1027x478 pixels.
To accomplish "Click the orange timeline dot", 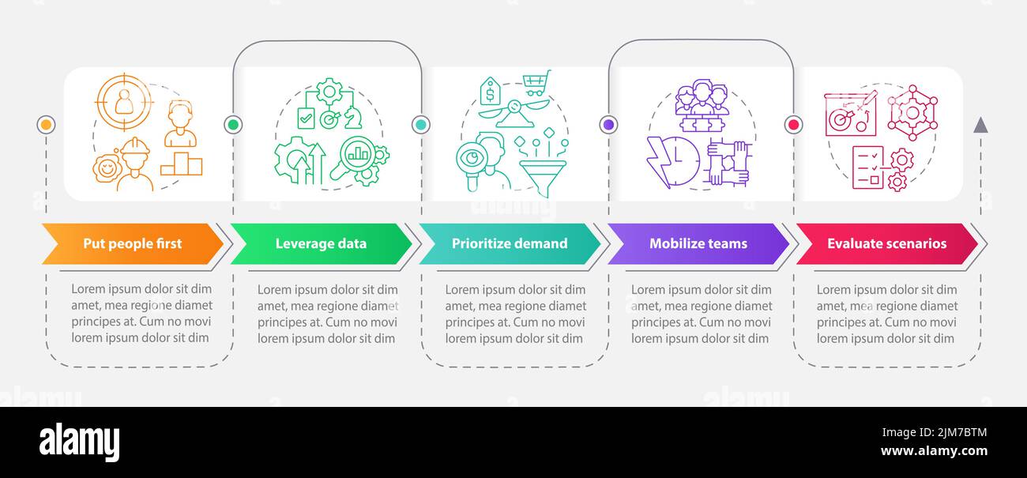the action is (x=46, y=125).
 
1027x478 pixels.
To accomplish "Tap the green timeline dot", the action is (x=233, y=124).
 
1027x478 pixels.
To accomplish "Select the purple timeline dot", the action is (x=608, y=124).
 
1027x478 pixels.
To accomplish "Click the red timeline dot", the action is (x=793, y=124).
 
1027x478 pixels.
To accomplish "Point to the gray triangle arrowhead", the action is (x=980, y=126).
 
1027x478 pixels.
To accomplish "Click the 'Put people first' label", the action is (x=133, y=243).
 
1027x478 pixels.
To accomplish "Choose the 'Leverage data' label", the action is (x=321, y=243).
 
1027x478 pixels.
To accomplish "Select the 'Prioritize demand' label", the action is (x=510, y=243).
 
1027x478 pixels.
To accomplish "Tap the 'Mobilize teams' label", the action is (x=698, y=243).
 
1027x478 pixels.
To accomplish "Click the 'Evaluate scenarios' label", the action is (x=886, y=243).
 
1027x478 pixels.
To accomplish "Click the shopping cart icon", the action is (x=536, y=83).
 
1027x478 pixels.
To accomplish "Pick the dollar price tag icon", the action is (x=490, y=91).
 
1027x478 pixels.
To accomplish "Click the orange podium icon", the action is (x=181, y=164).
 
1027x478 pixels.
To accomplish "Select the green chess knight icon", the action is (x=352, y=118).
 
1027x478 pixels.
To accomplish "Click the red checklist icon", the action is (x=868, y=167).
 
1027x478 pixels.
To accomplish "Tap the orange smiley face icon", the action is (x=107, y=168).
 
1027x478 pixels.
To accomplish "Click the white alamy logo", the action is (x=79, y=442).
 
